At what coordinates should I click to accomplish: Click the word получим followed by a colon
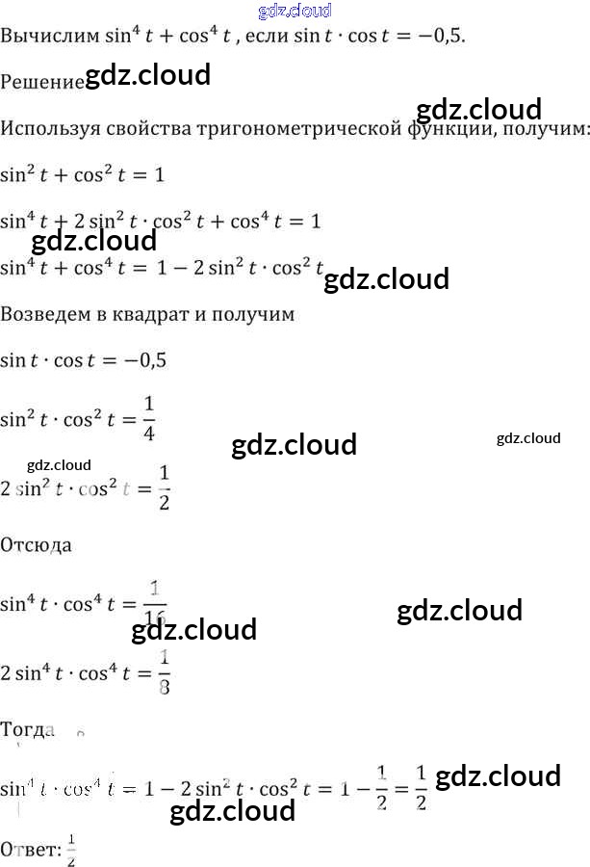tap(544, 128)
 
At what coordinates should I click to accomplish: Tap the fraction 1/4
tap(148, 419)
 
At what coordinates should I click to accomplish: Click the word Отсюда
tap(37, 544)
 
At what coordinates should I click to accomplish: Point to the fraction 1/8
tap(164, 672)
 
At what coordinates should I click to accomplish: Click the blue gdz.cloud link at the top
tap(295, 11)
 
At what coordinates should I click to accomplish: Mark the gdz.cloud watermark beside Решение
tap(148, 76)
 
